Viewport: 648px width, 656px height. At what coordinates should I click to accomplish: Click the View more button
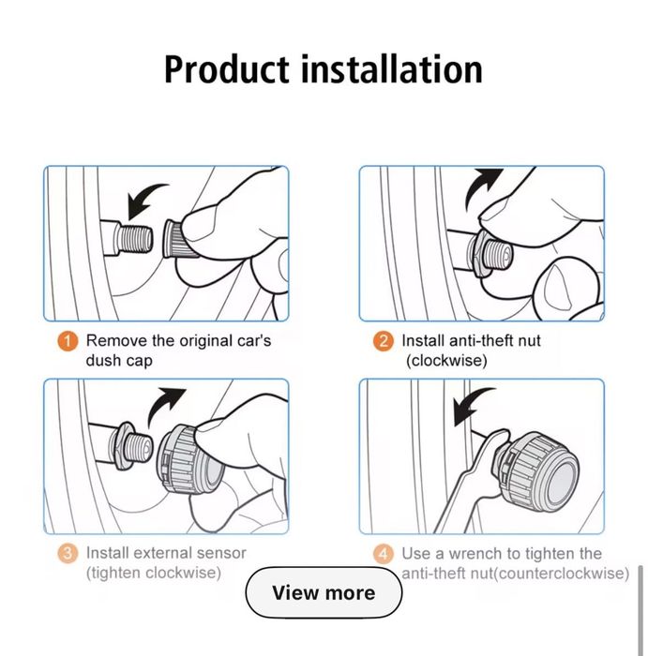(x=324, y=592)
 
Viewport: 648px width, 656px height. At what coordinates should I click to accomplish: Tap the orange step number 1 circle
(x=68, y=341)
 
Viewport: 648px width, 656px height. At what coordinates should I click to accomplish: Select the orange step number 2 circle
(x=384, y=341)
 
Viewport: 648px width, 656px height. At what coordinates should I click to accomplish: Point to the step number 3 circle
(x=68, y=553)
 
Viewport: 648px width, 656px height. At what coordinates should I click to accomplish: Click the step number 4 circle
(x=384, y=554)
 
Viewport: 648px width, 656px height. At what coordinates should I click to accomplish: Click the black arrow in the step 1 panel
(x=144, y=198)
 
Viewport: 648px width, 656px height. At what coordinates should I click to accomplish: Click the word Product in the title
(x=226, y=69)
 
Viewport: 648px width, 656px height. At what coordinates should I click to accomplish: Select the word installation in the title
(x=392, y=69)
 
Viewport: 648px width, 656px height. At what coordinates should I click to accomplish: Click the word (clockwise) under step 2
(x=446, y=360)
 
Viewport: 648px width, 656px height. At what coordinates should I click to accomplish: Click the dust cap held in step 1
(x=176, y=238)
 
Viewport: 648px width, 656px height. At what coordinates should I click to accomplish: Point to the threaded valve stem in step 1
(x=133, y=238)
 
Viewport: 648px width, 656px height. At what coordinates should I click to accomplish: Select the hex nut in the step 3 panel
(x=123, y=445)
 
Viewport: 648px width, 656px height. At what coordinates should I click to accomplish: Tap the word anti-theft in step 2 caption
(x=481, y=340)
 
